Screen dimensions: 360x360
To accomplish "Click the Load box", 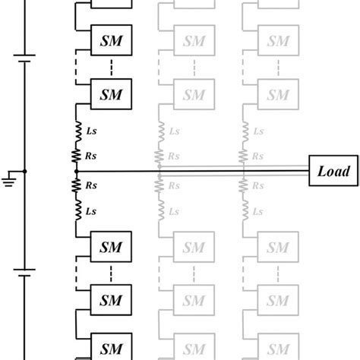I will coord(333,171).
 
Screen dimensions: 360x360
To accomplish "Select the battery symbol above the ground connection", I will coord(25,55).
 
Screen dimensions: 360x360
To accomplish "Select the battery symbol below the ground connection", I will coord(25,272).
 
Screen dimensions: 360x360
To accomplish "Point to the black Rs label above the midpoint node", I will coord(91,156).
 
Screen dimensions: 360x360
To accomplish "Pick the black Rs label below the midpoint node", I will coord(91,185).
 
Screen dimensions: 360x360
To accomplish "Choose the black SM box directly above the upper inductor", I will coord(111,93).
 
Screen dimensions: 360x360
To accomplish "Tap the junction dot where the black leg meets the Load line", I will coord(77,172).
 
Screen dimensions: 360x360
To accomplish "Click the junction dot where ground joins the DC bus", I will coord(25,172).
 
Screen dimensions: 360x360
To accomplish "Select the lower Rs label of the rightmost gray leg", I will coord(259,185).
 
